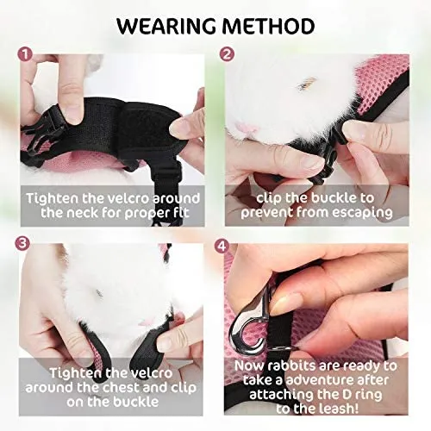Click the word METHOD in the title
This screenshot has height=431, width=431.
[268, 26]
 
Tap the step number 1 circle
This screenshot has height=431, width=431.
[25, 54]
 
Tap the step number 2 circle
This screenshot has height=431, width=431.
[227, 54]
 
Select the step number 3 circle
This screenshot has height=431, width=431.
[22, 244]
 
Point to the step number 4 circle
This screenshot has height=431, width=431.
[222, 246]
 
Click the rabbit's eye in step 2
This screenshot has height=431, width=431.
[304, 84]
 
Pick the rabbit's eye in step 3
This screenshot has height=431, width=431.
[99, 293]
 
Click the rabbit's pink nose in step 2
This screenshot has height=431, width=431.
[243, 128]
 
